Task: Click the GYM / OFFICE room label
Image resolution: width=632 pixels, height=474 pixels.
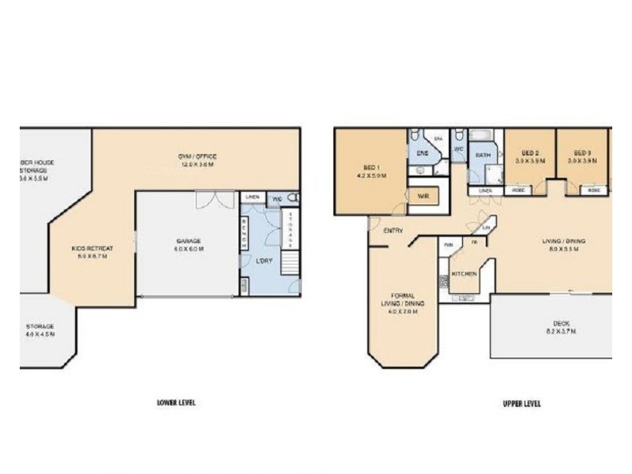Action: [x=197, y=156]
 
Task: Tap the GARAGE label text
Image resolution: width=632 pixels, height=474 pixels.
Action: [x=189, y=241]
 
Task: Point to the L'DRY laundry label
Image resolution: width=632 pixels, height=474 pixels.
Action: [x=265, y=260]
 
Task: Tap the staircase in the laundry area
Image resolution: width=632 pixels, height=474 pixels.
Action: [x=292, y=261]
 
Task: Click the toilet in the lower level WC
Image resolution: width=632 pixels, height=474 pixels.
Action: [x=293, y=197]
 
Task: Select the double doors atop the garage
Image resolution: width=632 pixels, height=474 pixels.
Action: [x=216, y=200]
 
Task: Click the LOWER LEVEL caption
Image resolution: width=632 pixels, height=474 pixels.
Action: [x=176, y=403]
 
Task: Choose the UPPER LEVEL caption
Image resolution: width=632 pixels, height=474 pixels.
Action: [x=521, y=404]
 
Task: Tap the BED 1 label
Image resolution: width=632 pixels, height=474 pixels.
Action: [x=371, y=167]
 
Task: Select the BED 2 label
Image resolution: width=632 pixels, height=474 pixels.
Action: [x=530, y=152]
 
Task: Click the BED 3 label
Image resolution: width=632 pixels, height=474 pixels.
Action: [x=582, y=152]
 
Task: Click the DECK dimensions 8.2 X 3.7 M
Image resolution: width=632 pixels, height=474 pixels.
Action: [x=562, y=331]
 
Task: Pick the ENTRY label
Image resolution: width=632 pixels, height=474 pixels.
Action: [x=393, y=231]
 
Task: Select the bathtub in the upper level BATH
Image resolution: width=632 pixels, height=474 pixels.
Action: [x=480, y=135]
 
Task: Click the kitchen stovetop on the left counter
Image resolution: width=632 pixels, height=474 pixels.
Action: [x=444, y=282]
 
